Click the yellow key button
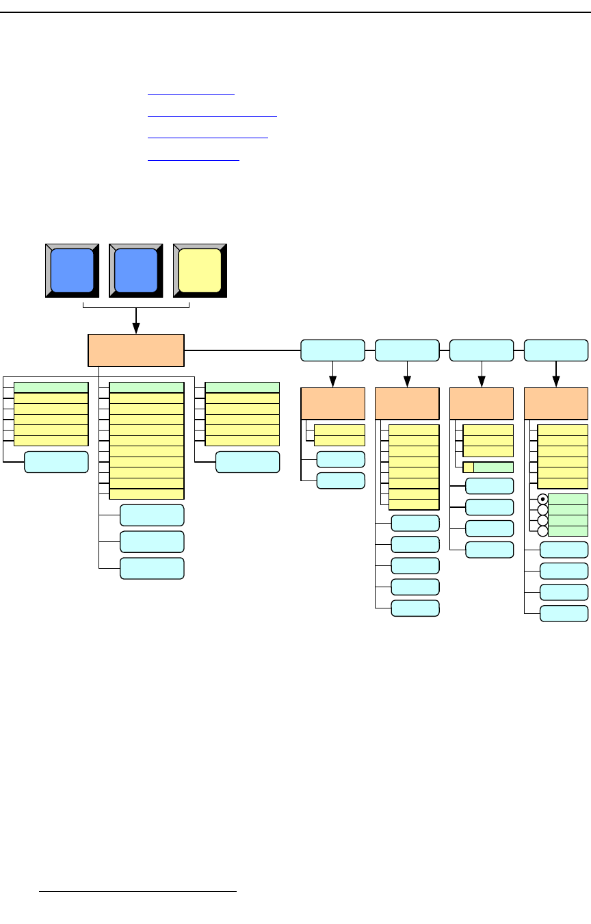[200, 270]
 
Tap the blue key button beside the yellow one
[136, 270]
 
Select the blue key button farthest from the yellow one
[73, 270]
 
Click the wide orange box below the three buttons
[136, 350]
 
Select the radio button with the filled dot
[543, 499]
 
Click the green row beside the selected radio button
[568, 499]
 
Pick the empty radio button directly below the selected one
[543, 510]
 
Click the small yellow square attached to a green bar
[469, 467]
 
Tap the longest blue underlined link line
[212, 116]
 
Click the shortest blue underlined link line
[191, 95]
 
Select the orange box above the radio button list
[555, 403]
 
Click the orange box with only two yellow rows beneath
[332, 403]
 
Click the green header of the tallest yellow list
[146, 387]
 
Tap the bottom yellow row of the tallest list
[146, 493]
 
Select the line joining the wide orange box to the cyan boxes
[242, 350]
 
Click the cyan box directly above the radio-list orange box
[555, 350]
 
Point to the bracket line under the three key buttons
[109, 307]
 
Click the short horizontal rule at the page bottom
[137, 892]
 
